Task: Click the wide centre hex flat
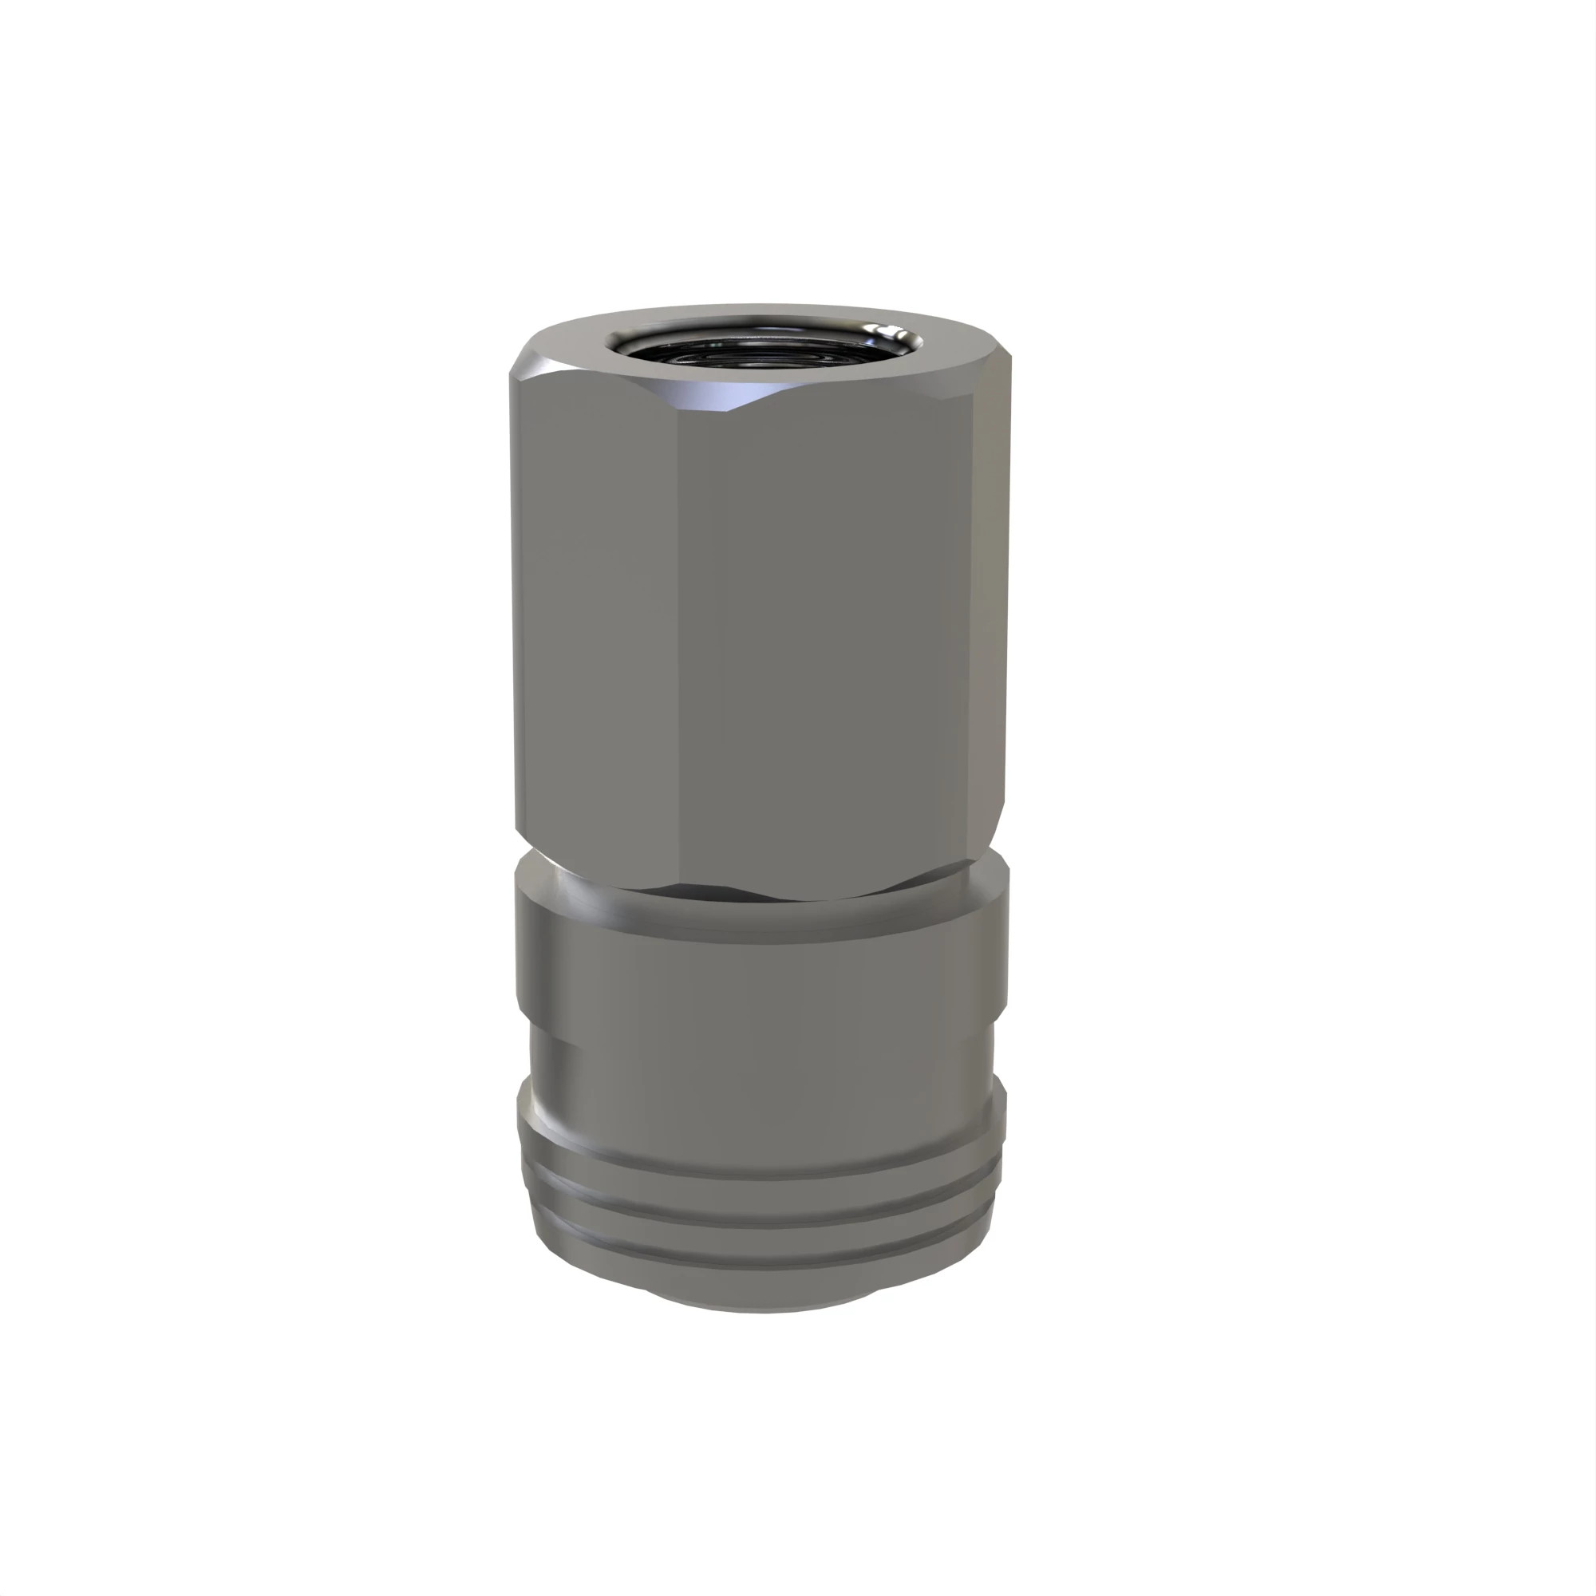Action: [826, 628]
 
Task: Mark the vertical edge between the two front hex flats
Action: [679, 628]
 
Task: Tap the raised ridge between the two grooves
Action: [760, 1202]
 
